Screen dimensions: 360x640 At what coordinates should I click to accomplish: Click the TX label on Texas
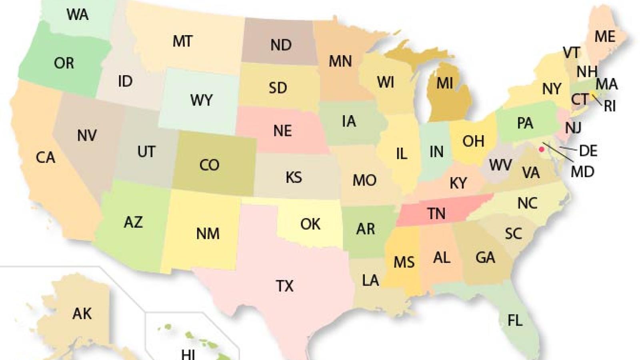[x=284, y=286]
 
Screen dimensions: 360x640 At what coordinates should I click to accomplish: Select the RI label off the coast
[x=610, y=106]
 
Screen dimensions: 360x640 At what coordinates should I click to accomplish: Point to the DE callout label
[x=588, y=151]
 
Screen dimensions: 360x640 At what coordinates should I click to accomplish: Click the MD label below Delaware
[x=582, y=172]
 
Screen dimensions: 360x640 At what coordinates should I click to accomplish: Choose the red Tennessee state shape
[x=436, y=212]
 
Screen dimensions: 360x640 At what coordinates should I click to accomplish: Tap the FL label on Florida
[x=514, y=320]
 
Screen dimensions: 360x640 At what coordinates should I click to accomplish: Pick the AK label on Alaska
[x=82, y=314]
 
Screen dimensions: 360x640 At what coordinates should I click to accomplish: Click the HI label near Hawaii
[x=188, y=354]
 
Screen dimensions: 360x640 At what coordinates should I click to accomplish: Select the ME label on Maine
[x=604, y=37]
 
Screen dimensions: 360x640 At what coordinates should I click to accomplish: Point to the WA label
[x=77, y=15]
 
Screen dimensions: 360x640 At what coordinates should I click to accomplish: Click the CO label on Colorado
[x=209, y=165]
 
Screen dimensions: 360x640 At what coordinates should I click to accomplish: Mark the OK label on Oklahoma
[x=310, y=224]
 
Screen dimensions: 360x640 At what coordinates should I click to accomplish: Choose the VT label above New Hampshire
[x=571, y=52]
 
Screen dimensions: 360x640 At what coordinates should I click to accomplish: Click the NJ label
[x=573, y=128]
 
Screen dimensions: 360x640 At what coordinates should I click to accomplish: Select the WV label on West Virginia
[x=500, y=164]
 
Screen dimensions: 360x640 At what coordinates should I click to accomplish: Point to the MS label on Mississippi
[x=404, y=262]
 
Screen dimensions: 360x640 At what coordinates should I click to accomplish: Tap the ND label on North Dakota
[x=280, y=45]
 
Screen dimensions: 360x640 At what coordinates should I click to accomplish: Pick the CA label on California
[x=45, y=158]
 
